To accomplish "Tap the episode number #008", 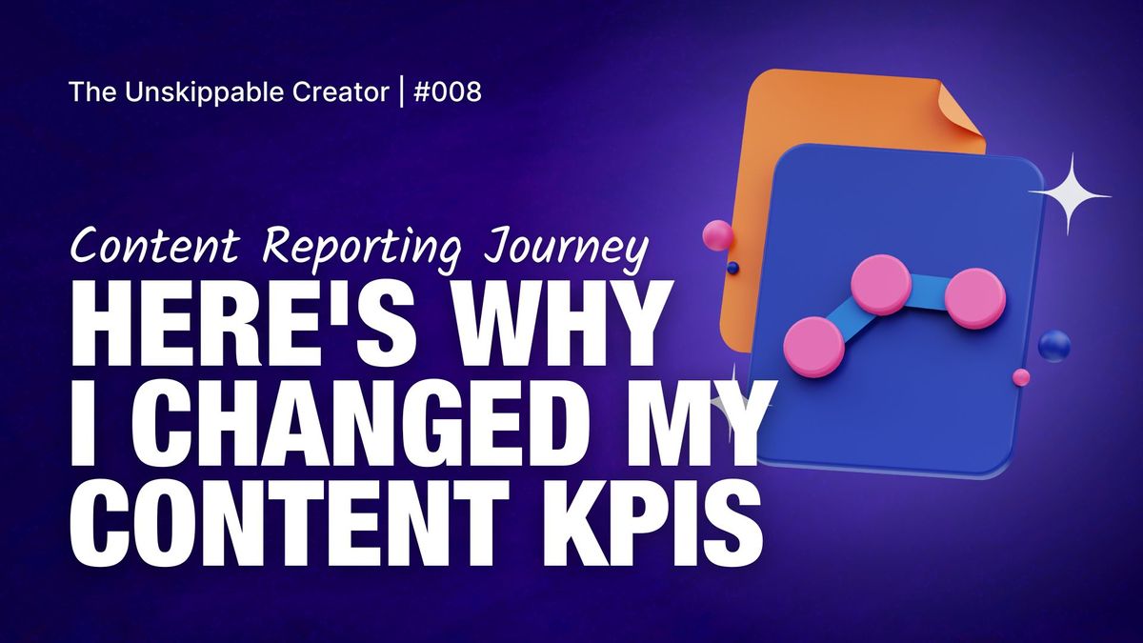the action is click(x=448, y=92).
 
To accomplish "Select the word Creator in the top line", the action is click(x=341, y=92).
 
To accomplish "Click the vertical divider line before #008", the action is click(x=402, y=91).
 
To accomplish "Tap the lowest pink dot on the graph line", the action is click(x=813, y=347).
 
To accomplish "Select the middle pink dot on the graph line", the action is click(x=881, y=284).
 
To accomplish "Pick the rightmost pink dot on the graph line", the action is click(x=975, y=298).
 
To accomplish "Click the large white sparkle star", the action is click(x=1071, y=195).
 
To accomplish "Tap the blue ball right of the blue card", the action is click(x=1054, y=346).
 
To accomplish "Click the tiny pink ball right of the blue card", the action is click(x=1021, y=377).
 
